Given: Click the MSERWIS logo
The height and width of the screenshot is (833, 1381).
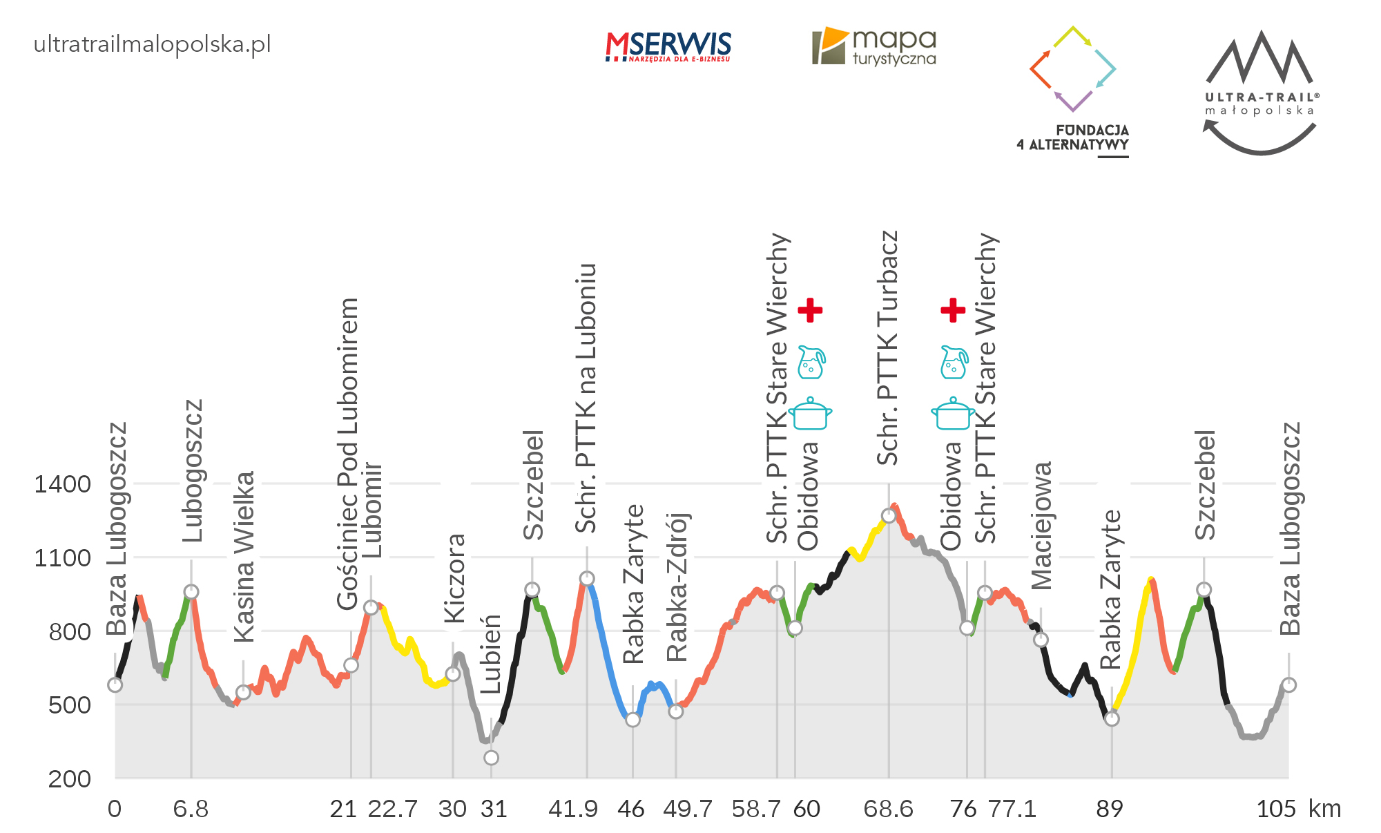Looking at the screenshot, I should coord(668,47).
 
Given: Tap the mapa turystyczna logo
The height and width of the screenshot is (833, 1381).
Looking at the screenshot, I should coord(875,47).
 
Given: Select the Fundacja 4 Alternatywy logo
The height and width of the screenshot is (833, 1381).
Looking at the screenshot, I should coord(1073,90).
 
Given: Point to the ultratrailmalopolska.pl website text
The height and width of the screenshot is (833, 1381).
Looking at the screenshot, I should coord(152,45).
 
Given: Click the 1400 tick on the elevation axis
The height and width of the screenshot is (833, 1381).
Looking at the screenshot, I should coord(63,484).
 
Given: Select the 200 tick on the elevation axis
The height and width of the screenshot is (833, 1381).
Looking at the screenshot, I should coord(70,779).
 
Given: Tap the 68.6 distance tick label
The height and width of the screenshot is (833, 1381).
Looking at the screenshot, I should coord(888,809).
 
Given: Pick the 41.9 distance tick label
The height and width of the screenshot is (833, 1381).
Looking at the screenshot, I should coord(572,809).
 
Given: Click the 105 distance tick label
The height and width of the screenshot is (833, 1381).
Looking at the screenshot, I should coord(1276,809).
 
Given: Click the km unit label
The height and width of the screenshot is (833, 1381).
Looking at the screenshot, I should coord(1324,809).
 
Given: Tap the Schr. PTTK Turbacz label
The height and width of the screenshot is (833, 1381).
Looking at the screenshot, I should coord(888,348).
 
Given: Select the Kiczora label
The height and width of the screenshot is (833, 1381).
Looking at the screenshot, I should coord(455,578).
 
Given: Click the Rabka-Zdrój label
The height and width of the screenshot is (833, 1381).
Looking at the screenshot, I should coord(677,587).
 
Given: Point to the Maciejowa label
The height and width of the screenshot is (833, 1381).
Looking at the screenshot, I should coord(1042,526).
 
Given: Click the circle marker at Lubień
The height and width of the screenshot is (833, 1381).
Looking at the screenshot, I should coord(491,758).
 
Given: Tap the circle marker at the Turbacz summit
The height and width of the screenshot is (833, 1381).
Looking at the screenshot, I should coord(889,516).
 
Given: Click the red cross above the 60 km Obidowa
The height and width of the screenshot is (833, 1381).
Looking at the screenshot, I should coord(810,310).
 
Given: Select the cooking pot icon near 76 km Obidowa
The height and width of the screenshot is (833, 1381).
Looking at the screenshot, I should coord(953,414).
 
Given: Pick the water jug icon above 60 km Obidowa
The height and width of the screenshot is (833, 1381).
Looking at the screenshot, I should coord(811,363).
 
